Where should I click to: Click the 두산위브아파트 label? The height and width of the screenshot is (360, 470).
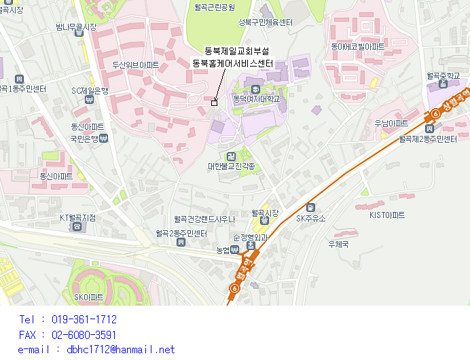[136, 65]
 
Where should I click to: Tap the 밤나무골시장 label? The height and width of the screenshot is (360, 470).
[76, 27]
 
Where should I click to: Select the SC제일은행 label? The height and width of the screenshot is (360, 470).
[90, 90]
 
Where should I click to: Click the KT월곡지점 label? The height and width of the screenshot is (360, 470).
[77, 217]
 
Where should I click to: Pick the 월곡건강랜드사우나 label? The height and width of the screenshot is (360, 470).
[204, 219]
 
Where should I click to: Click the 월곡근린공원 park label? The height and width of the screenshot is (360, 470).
[214, 7]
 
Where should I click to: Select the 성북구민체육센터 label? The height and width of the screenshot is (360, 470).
[265, 22]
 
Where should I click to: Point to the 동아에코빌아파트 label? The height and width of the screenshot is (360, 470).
[357, 47]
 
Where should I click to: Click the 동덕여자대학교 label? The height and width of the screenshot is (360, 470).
[255, 99]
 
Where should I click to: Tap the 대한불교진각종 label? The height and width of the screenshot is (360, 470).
[232, 166]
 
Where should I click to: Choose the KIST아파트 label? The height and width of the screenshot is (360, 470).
[386, 215]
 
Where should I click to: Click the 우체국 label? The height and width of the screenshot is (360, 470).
[338, 244]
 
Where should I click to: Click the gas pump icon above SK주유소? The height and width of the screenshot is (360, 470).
[310, 207]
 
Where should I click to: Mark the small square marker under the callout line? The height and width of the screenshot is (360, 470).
[215, 103]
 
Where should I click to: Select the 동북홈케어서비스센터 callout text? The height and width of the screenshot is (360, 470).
[233, 63]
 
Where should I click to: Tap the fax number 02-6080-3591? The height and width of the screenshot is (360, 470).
[84, 335]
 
